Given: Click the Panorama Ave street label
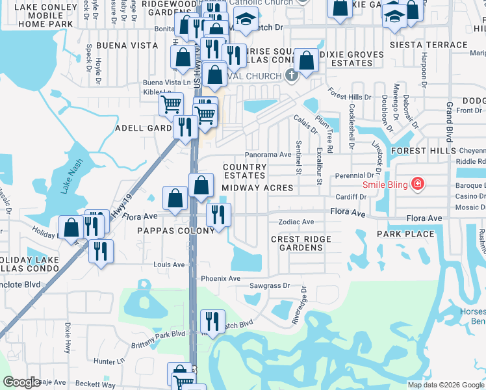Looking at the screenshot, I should pos(268,155).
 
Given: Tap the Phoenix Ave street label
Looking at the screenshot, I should pos(220,278).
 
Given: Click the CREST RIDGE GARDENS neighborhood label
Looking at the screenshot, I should pos(301,244).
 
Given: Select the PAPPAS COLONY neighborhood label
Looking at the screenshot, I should pos(175,231).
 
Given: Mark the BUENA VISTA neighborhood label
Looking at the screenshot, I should pos(127,45).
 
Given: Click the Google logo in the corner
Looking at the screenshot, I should pos(22,382).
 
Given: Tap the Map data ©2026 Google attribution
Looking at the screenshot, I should pos(445,385).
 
